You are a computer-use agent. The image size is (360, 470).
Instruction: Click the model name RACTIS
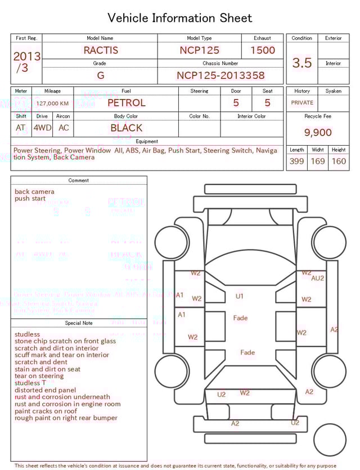pyautogui.click(x=101, y=50)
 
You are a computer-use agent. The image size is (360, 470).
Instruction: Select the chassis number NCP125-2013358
pyautogui.click(x=220, y=75)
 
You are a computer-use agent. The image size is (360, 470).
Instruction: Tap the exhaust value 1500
pyautogui.click(x=263, y=50)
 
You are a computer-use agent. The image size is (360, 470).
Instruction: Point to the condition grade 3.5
pyautogui.click(x=302, y=62)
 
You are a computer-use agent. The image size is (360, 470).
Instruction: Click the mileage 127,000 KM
pyautogui.click(x=52, y=104)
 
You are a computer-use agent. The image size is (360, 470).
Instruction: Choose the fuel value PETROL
pyautogui.click(x=126, y=102)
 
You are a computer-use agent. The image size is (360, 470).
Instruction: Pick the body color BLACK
pyautogui.click(x=126, y=128)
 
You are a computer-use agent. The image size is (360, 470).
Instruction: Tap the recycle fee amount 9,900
pyautogui.click(x=318, y=132)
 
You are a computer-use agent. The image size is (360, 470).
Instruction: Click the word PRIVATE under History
pyautogui.click(x=302, y=103)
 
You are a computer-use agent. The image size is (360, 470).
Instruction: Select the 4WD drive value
pyautogui.click(x=42, y=128)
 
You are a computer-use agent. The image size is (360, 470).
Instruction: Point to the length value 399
pyautogui.click(x=296, y=161)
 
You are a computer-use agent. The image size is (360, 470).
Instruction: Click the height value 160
pyautogui.click(x=339, y=161)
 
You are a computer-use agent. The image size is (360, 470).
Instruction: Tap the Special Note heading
pyautogui.click(x=79, y=323)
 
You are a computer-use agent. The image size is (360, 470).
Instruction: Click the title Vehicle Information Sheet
pyautogui.click(x=180, y=18)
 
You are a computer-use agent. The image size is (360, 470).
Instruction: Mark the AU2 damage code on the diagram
pyautogui.click(x=318, y=278)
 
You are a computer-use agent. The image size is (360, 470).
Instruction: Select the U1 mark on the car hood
pyautogui.click(x=240, y=296)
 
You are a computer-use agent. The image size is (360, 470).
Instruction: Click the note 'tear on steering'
pyautogui.click(x=39, y=376)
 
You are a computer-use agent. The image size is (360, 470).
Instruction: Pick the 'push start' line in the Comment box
pyautogui.click(x=30, y=199)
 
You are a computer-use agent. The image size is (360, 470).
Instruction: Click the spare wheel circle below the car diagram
pyautogui.click(x=330, y=440)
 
